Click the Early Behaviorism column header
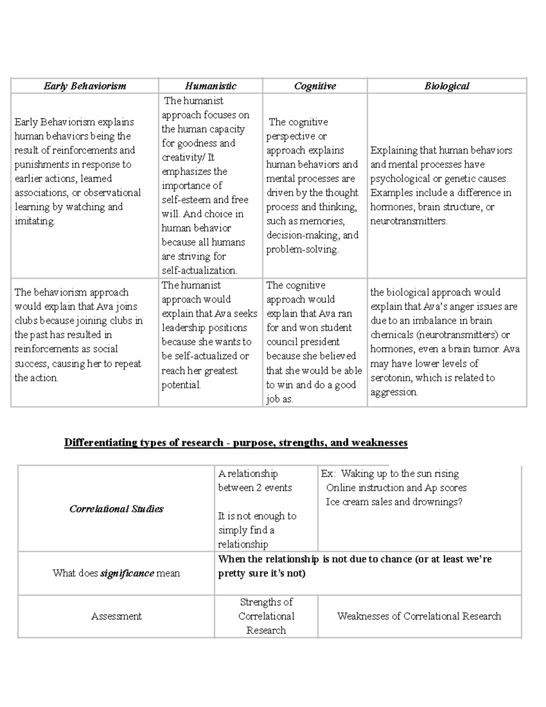click(85, 86)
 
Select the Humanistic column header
click(210, 86)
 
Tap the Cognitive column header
click(315, 86)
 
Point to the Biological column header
click(446, 86)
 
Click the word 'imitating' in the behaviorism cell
click(34, 221)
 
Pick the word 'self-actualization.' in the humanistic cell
click(199, 270)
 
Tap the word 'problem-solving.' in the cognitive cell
click(302, 249)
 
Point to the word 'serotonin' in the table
click(391, 378)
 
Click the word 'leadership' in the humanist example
click(184, 328)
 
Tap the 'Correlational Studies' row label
click(116, 509)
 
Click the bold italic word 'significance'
click(127, 573)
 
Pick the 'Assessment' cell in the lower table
click(116, 616)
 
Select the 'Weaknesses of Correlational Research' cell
click(419, 616)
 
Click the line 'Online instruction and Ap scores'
click(396, 488)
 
